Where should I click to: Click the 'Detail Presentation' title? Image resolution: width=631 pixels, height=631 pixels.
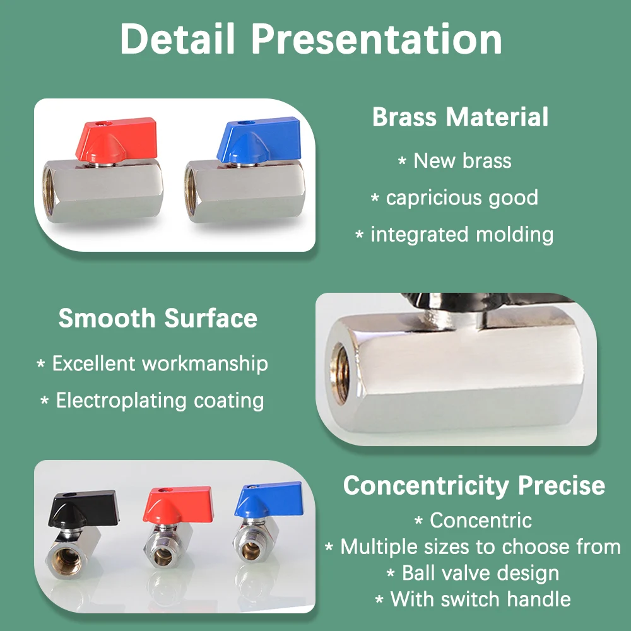point(311,38)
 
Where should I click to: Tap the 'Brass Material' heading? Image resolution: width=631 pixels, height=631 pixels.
point(460,117)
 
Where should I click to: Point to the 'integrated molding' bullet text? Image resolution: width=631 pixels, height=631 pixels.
point(462,235)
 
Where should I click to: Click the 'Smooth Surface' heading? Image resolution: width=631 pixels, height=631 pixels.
point(158,318)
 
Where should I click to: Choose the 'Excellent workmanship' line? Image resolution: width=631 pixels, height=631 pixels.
point(160,363)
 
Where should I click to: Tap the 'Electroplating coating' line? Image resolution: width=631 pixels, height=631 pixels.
point(160,401)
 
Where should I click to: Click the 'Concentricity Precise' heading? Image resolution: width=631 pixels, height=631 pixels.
point(474,486)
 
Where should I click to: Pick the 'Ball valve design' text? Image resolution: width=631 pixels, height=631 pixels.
point(480,573)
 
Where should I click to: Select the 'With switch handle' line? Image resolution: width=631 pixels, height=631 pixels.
point(480,599)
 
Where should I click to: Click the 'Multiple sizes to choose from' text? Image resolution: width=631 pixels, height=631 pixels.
point(480,547)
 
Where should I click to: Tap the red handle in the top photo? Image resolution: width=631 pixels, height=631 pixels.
point(116,139)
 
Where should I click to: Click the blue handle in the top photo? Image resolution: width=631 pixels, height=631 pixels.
point(259,139)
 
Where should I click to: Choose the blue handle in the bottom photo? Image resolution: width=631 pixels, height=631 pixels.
point(269,500)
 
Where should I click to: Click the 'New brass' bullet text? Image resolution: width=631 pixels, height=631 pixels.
point(463,161)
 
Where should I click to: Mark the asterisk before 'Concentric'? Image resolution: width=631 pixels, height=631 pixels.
point(418,521)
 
